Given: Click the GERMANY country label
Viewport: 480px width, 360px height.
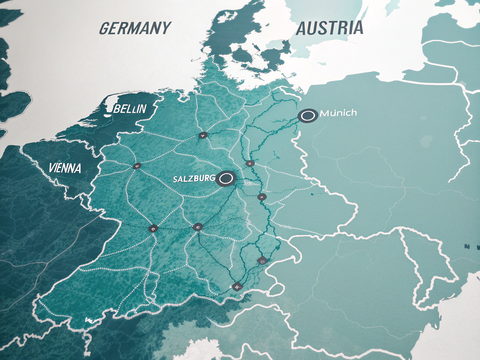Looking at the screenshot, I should click(135, 28).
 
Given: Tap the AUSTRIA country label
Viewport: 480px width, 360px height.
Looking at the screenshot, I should click(329, 28).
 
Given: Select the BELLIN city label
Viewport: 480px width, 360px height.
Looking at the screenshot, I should click(130, 109).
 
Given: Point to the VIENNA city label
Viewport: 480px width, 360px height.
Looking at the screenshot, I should click(65, 168).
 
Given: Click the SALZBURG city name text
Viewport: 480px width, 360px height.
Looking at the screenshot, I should click(194, 179).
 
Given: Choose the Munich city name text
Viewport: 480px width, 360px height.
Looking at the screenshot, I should click(338, 113).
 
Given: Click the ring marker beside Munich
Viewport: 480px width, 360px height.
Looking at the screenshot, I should click(308, 115).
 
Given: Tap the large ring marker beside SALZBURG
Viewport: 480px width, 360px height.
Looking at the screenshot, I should click(225, 179).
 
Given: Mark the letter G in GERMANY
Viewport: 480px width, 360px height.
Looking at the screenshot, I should click(105, 28).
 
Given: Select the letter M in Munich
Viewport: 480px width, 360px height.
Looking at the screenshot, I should click(325, 114).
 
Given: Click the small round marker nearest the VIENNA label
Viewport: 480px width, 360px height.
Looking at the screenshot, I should click(137, 166).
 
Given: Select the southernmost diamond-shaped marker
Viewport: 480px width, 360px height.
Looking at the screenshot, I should click(237, 287).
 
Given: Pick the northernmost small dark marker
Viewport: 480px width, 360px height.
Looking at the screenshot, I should click(203, 135).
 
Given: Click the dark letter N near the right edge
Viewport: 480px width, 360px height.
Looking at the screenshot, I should click(467, 247).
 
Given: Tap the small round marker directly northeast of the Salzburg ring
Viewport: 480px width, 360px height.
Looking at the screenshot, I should click(249, 163).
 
